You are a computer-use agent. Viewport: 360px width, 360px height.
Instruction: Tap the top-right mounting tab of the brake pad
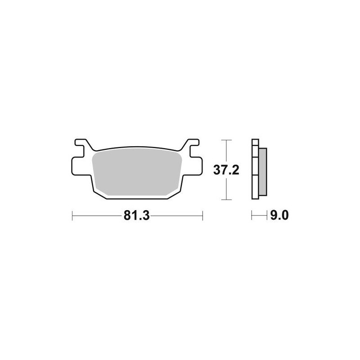191,145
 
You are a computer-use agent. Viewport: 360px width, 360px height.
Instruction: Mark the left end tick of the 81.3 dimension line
72,216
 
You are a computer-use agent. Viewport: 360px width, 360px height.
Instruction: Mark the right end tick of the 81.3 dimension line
203,216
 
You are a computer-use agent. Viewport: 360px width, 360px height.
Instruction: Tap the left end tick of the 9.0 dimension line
252,216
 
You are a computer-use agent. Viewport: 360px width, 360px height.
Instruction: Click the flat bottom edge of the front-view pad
137,199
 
